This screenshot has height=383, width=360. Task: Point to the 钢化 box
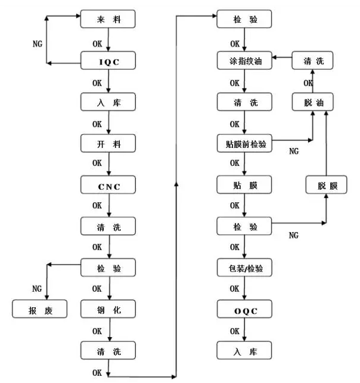click(x=108, y=310)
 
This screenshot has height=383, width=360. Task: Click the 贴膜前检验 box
click(x=244, y=143)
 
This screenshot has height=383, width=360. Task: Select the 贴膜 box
click(x=244, y=184)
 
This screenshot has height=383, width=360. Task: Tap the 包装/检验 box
click(x=244, y=268)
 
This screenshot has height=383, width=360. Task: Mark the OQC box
click(x=244, y=310)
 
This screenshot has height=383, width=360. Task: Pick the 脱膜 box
click(x=325, y=185)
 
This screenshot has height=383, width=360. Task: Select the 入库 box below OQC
click(x=244, y=350)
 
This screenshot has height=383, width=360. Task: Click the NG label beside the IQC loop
click(x=38, y=44)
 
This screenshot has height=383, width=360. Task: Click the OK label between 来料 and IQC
click(x=98, y=44)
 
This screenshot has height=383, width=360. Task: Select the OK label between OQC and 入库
click(x=235, y=331)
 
